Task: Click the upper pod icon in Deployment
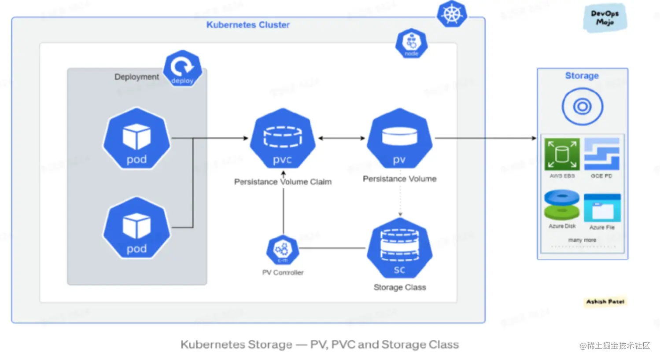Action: [x=136, y=139]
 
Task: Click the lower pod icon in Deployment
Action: [x=136, y=228]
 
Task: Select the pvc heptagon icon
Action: [x=283, y=139]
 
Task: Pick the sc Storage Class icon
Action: [x=399, y=248]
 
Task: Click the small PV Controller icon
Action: [x=283, y=250]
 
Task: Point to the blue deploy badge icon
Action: [x=182, y=68]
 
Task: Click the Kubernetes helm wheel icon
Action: [x=452, y=14]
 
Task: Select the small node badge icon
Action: [x=411, y=43]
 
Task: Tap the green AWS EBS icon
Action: [x=562, y=154]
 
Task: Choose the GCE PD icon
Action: [x=601, y=154]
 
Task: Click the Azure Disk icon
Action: [x=562, y=205]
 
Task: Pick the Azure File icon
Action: [x=602, y=207]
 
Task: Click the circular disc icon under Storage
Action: [x=582, y=107]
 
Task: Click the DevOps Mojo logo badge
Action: [x=605, y=18]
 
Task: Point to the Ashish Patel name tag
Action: [x=605, y=301]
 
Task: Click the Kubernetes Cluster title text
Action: [x=248, y=25]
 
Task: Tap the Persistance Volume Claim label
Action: [x=283, y=182]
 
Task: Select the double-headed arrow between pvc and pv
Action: [x=342, y=138]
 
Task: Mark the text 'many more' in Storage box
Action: [x=582, y=240]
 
